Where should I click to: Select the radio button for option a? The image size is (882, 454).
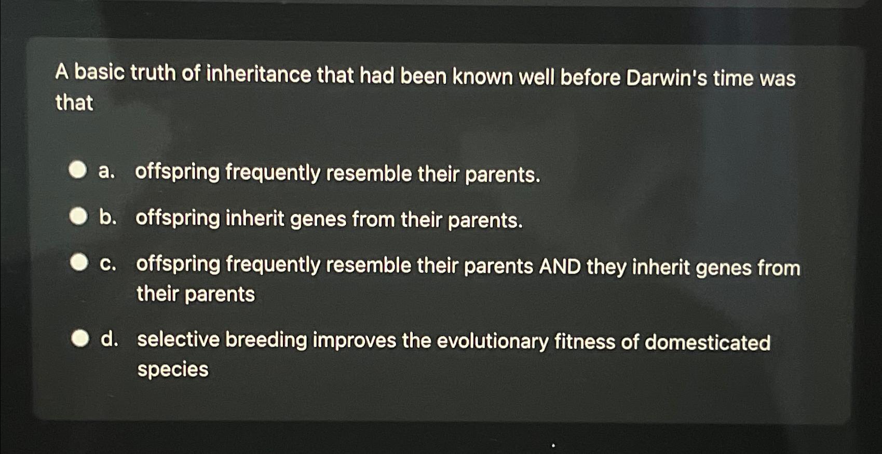[x=78, y=170]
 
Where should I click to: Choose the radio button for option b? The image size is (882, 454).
[x=78, y=217]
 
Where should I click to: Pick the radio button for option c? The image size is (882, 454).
[x=79, y=263]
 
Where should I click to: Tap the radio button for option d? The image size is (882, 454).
[x=80, y=339]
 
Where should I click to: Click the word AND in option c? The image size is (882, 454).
[x=560, y=267]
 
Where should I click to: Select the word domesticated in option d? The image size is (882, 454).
[x=707, y=342]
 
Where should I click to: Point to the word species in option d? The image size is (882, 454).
[x=173, y=369]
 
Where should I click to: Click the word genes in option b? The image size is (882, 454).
[x=318, y=219]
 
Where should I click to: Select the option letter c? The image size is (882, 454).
[x=107, y=264]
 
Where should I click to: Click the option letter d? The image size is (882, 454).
[x=109, y=339]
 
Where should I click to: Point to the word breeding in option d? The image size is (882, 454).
[x=266, y=340]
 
